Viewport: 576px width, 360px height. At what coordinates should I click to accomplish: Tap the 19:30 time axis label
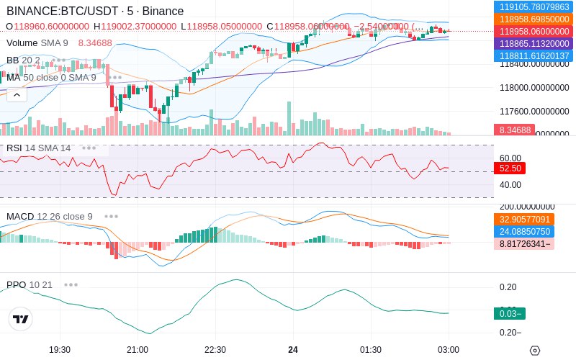tap(59, 350)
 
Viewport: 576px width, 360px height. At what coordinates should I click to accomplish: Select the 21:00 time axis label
tap(137, 350)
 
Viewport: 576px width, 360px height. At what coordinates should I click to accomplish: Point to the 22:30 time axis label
tap(215, 350)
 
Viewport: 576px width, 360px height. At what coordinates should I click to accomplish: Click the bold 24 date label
tap(293, 350)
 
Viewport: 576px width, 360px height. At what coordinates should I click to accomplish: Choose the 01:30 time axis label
tap(370, 350)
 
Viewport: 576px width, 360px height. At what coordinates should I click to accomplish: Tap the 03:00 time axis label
tap(448, 350)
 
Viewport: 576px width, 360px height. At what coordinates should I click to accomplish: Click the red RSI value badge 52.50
tap(510, 168)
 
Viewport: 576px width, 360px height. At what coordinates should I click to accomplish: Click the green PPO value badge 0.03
tap(509, 313)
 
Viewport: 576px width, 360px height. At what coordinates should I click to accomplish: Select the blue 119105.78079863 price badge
tap(534, 6)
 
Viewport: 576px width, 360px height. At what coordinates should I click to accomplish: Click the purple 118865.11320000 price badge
tap(534, 44)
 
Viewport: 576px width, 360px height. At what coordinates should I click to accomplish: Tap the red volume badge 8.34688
tap(513, 130)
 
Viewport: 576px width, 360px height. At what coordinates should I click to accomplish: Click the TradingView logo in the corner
tap(21, 320)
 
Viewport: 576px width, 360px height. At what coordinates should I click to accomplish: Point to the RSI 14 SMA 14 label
tap(39, 148)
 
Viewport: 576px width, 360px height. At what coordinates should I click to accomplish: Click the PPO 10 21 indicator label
tap(30, 284)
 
